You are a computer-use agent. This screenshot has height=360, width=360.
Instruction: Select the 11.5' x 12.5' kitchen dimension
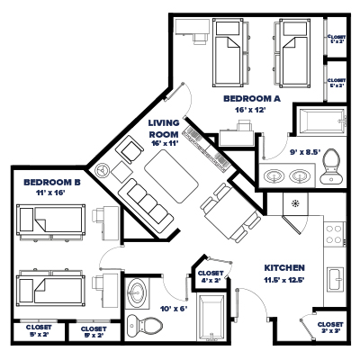[x=286, y=280]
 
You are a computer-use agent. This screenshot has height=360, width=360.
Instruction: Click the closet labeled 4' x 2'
[x=211, y=276]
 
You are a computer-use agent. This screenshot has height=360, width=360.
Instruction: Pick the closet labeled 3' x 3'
[x=330, y=327]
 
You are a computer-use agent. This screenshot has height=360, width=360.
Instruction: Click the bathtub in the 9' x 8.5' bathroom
[x=319, y=121]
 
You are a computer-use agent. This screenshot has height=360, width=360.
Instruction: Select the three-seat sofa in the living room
[x=143, y=200]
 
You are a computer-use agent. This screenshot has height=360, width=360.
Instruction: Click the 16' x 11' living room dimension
[x=166, y=142]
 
